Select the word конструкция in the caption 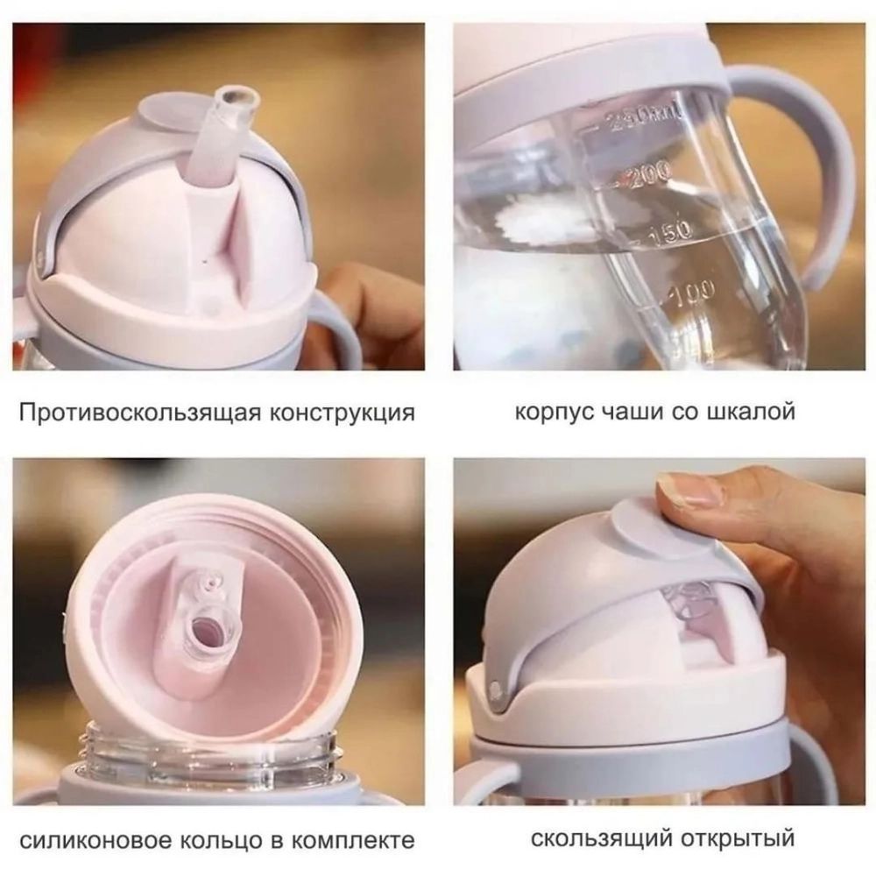pos(342,413)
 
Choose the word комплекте pos(354,840)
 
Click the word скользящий pos(601,838)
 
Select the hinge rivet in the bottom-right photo pos(495,689)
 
